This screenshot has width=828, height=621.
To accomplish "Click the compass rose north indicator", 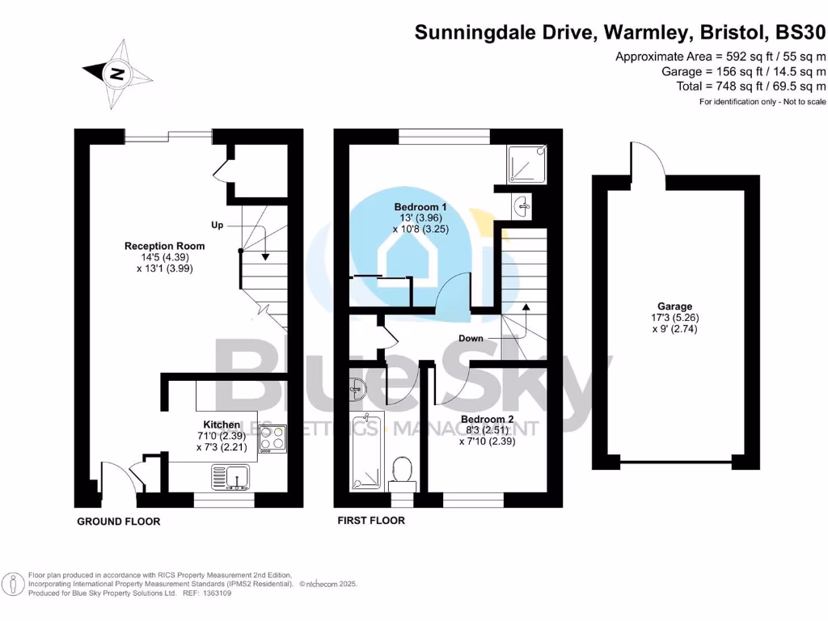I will (x=118, y=74).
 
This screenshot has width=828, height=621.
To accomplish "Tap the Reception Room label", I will (x=164, y=246).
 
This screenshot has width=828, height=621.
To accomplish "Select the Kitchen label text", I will (x=221, y=425).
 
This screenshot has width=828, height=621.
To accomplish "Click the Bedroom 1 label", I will (x=420, y=208).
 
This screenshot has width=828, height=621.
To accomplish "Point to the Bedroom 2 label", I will (x=488, y=420).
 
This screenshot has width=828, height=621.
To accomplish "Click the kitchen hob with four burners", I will (x=272, y=439).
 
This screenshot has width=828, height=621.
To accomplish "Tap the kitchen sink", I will (x=234, y=477).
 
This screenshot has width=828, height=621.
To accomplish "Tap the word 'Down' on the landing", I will (x=471, y=338).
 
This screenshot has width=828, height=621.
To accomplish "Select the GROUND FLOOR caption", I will (x=118, y=522).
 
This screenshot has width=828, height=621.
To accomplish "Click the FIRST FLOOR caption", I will (x=371, y=521).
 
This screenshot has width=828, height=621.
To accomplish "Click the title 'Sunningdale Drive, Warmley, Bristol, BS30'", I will (x=621, y=33).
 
